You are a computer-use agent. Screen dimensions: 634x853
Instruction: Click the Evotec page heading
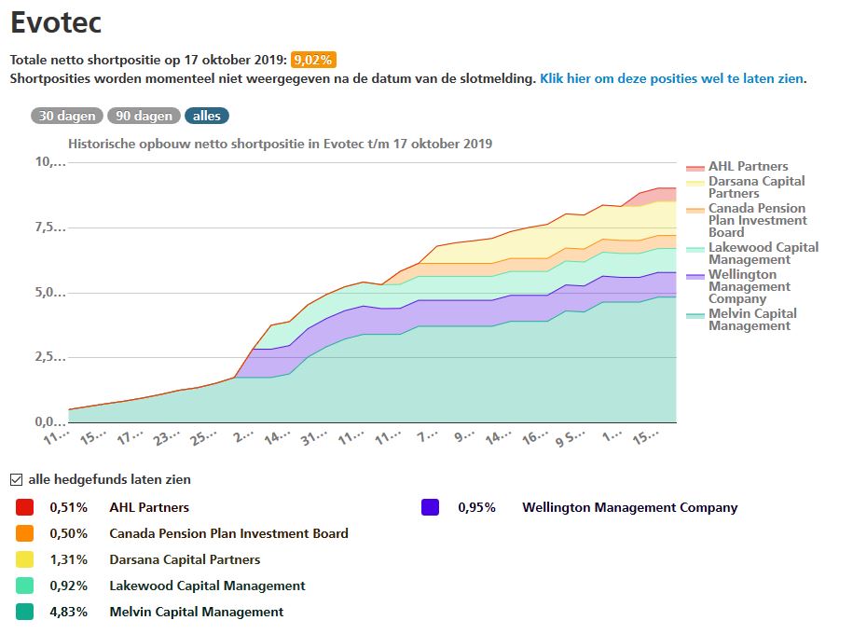(56, 22)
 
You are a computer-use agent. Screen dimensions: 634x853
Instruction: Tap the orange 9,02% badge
(312, 60)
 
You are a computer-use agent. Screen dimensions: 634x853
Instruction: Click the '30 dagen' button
(67, 116)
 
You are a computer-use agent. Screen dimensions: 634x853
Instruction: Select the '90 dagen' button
(144, 116)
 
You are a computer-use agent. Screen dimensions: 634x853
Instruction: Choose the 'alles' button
(206, 116)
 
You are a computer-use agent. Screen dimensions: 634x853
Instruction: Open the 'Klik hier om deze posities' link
(671, 78)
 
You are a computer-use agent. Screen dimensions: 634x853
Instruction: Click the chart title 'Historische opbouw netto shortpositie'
(280, 144)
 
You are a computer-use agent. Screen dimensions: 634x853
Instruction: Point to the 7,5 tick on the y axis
(50, 227)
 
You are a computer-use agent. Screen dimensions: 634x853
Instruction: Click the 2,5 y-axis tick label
(50, 357)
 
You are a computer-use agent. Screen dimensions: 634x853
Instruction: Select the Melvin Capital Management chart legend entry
(752, 320)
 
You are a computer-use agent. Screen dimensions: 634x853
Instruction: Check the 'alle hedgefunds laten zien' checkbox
(16, 479)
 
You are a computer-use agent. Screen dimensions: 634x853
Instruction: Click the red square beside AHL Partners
(25, 507)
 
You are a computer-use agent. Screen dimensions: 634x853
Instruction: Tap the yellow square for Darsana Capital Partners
(25, 559)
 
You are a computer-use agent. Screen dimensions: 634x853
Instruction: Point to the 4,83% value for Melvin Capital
(68, 612)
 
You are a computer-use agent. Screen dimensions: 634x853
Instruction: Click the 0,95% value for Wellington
(476, 507)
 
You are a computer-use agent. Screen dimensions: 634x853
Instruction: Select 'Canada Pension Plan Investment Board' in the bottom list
(228, 533)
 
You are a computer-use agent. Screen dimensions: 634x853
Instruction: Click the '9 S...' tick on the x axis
(571, 436)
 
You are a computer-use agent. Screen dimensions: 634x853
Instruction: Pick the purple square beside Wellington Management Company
(430, 507)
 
